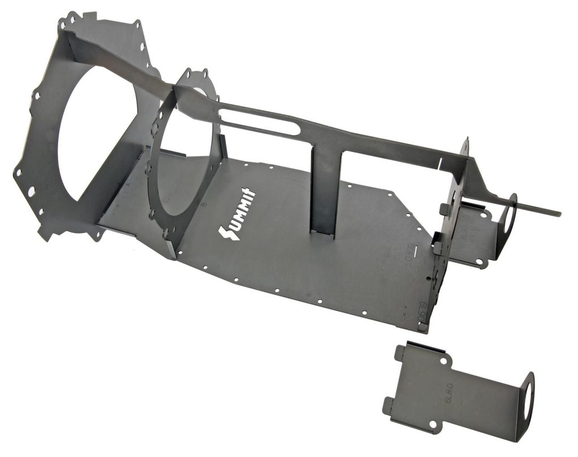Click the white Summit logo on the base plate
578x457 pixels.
click(237, 214)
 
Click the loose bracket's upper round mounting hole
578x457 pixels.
click(443, 359)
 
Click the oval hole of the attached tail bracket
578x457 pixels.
click(509, 215)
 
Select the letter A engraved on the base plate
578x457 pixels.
click(129, 183)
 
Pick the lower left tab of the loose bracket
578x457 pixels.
click(389, 405)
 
